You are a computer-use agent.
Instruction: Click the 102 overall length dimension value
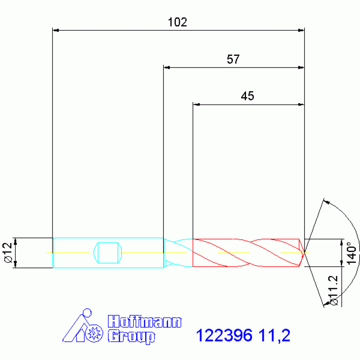(177, 22)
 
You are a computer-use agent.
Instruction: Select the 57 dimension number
(233, 59)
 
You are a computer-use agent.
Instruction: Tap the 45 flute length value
(247, 96)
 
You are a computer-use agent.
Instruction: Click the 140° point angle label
(352, 253)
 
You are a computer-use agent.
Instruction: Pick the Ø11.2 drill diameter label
(334, 291)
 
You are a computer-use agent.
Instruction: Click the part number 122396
(224, 336)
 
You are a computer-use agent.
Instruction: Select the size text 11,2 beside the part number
(275, 336)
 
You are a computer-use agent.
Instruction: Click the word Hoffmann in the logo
(145, 322)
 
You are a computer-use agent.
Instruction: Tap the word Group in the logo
(131, 337)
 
